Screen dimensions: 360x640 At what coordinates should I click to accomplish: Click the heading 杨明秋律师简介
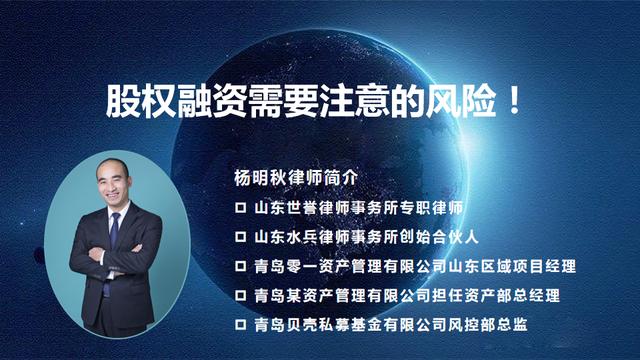[x=293, y=176]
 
